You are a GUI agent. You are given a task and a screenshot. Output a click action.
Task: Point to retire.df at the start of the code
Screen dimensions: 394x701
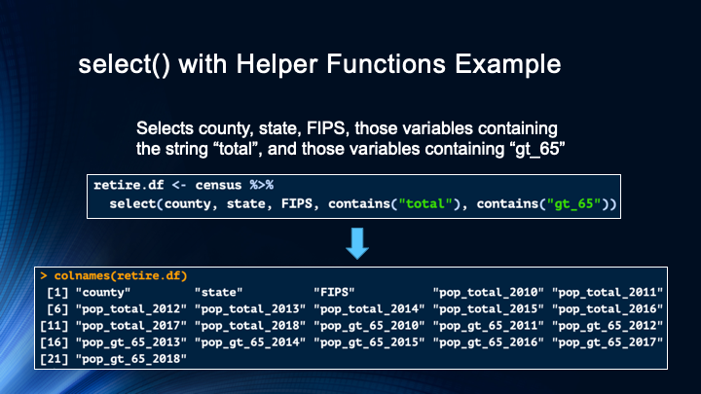point(128,185)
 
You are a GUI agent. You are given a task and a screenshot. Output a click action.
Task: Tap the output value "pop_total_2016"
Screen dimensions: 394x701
point(608,308)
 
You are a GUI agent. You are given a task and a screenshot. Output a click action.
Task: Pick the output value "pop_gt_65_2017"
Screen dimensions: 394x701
point(608,342)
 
